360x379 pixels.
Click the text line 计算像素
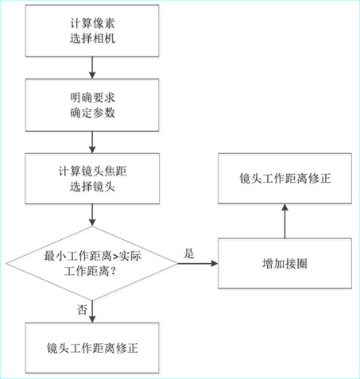(92, 23)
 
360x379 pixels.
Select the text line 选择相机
(92, 38)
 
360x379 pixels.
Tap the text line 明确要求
(92, 98)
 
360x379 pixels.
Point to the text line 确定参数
(92, 113)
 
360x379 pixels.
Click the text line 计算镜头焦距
(92, 172)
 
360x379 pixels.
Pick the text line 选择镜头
(92, 187)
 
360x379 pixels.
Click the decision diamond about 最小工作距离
(92, 263)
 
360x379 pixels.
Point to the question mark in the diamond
(113, 271)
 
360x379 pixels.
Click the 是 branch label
(189, 253)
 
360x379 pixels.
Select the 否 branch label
(82, 309)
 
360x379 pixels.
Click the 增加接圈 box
(285, 263)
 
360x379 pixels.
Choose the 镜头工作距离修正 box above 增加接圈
(285, 179)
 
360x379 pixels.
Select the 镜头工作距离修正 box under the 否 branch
(92, 348)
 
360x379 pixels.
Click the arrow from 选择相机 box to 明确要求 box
(92, 68)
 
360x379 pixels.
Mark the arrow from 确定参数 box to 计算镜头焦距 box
(92, 142)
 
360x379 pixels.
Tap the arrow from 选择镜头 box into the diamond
(92, 215)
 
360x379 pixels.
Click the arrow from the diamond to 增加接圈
(198, 263)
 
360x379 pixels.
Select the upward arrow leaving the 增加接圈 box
(285, 221)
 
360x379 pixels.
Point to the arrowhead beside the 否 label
(92, 319)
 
